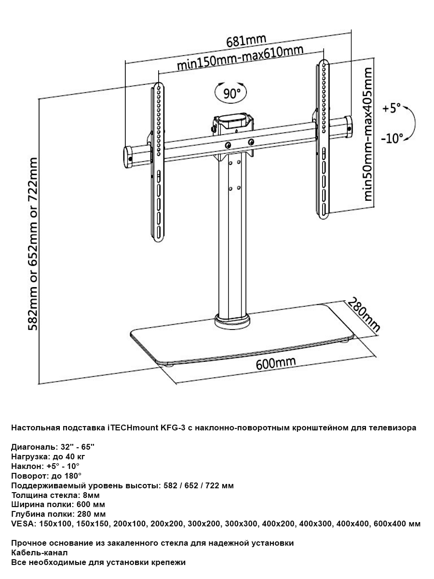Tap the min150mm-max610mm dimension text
point(240,58)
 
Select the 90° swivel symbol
point(231,93)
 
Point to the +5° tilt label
point(392,109)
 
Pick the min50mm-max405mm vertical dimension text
point(367,134)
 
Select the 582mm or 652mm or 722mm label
point(32,244)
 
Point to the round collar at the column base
point(232,321)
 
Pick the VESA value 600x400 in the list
point(388,524)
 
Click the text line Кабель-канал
point(39,553)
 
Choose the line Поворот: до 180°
point(46,476)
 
